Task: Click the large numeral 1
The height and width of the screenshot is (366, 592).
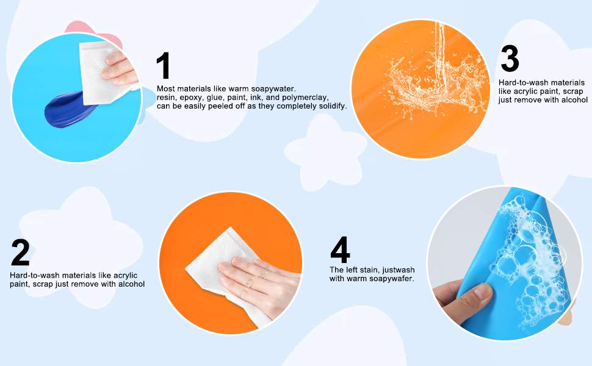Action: coord(164,65)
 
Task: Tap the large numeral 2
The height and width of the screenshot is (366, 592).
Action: coord(20,252)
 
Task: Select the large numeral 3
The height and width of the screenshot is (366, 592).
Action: coord(510,58)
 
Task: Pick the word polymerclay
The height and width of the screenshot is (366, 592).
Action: coord(305,98)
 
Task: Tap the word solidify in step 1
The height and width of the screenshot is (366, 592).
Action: coord(330,106)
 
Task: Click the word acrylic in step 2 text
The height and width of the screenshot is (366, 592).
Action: coord(125,275)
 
